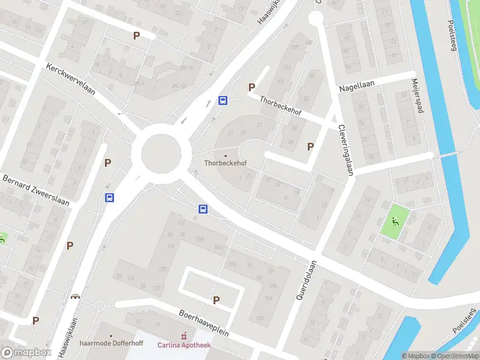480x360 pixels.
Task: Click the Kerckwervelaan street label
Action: tap(71, 87)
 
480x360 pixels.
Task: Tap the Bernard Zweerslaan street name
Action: tap(36, 190)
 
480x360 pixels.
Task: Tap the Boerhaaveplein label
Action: tap(204, 323)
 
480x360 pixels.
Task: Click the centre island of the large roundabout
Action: tap(161, 152)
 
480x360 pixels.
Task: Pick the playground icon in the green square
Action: tap(395, 220)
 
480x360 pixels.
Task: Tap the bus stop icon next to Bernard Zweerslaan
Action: tap(110, 197)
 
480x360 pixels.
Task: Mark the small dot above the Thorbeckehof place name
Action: tap(226, 156)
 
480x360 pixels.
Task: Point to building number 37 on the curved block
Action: tap(259, 125)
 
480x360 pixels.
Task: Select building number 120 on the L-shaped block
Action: tap(161, 269)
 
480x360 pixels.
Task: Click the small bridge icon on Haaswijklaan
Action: tap(76, 296)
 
